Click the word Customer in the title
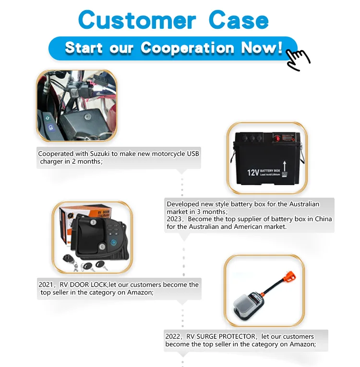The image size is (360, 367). (x=137, y=20)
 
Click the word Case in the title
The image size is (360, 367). (x=239, y=20)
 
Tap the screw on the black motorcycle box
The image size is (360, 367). (x=86, y=117)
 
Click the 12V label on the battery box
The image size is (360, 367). (x=253, y=172)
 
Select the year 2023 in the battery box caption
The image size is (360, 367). (x=175, y=219)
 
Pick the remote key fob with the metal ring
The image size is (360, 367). (x=68, y=259)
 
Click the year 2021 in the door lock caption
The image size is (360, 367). (x=46, y=284)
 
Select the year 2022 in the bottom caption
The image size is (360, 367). (x=173, y=337)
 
